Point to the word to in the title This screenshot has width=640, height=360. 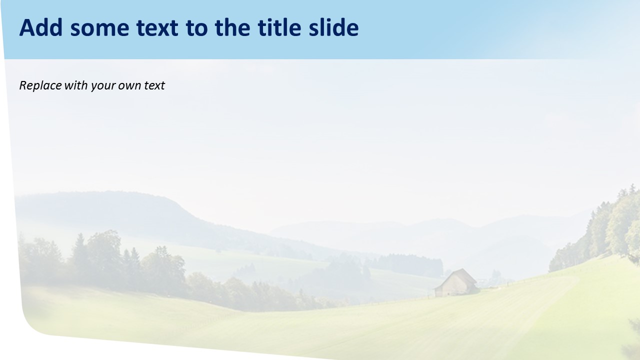[x=196, y=29]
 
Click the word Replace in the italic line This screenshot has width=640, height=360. [x=40, y=85]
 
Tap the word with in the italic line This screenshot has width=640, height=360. [x=76, y=85]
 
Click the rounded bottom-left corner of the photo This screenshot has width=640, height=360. [x=32, y=325]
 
